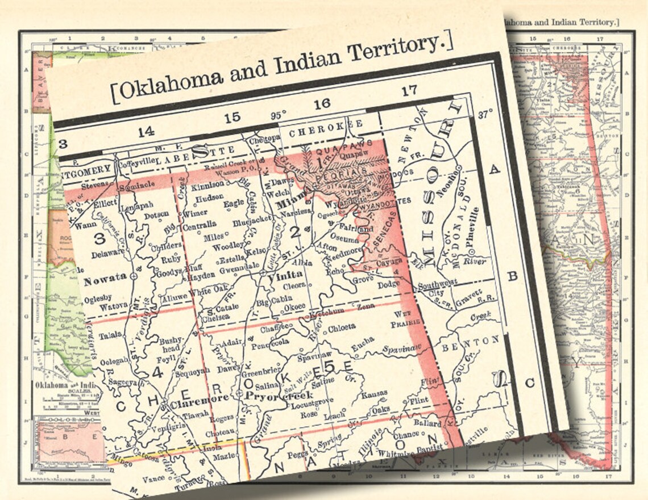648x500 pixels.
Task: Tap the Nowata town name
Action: [105, 281]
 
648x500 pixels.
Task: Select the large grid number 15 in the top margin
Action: [232, 118]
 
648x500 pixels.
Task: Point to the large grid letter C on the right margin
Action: [529, 384]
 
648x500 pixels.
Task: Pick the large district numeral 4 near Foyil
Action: [157, 373]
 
